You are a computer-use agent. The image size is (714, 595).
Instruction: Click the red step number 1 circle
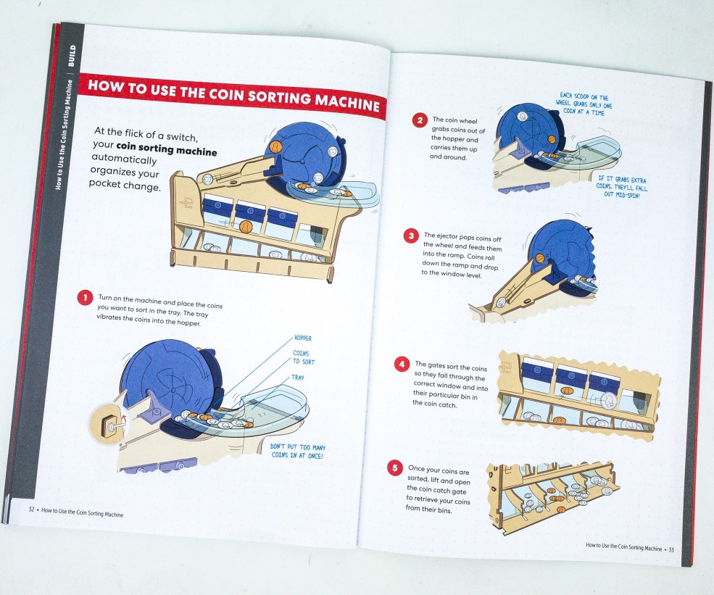[85, 298]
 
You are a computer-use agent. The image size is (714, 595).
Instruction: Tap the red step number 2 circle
[420, 120]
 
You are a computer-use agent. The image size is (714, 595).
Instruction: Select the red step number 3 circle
[411, 236]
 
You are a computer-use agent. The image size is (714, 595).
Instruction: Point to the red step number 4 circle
[402, 365]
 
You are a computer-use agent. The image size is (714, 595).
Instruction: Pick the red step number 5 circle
[395, 468]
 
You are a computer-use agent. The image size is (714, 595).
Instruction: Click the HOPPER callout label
[303, 338]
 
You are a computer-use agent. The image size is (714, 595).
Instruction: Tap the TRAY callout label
[298, 378]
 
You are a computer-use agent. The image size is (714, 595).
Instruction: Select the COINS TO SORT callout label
[303, 357]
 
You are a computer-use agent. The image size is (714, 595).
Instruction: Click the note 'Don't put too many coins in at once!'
[298, 452]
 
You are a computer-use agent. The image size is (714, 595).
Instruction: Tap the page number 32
[31, 509]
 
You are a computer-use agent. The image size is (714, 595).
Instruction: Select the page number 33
[671, 549]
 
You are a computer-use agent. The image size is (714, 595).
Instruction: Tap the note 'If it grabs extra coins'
[621, 187]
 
